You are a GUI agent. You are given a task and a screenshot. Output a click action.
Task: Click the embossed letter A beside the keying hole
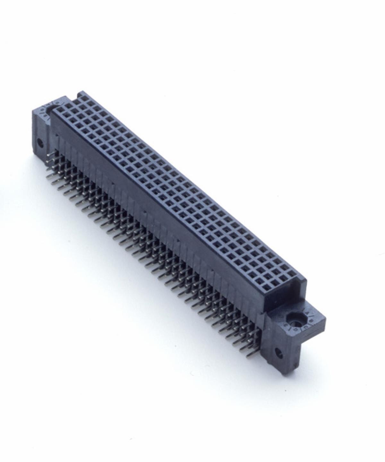pos(306,312)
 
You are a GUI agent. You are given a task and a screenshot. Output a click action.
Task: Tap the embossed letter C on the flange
pos(305,327)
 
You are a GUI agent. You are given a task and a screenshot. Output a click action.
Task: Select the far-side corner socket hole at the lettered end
pos(292,275)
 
